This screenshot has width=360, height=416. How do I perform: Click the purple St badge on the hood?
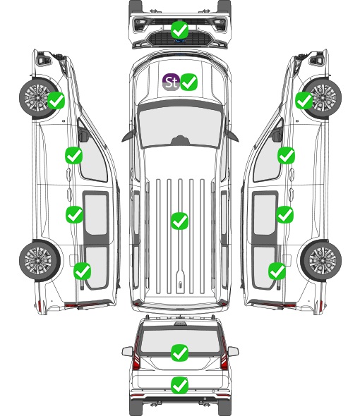171,82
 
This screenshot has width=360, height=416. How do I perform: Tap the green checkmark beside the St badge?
189,82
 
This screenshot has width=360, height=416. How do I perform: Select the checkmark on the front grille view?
180,30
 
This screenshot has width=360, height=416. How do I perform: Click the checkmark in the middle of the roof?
179,221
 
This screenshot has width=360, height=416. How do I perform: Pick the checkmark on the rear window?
180,353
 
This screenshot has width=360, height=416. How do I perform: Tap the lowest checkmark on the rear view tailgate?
180,385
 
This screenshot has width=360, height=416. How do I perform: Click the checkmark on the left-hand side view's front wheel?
56,100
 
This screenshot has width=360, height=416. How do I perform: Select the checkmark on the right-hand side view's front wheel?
304,101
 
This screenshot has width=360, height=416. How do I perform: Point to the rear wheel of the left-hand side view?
40,261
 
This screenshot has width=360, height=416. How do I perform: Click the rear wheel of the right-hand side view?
320,261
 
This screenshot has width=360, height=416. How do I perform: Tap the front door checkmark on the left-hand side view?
74,155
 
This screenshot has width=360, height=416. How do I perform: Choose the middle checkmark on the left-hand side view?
74,214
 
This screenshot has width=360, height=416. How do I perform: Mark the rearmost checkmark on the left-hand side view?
83,271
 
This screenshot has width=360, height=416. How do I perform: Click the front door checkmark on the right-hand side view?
286,156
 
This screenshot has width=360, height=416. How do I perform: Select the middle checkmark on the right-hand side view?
285,214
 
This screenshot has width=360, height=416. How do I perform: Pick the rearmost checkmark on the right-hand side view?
277,271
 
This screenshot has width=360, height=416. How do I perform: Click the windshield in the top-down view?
180,126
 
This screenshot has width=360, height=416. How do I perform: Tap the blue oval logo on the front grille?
180,41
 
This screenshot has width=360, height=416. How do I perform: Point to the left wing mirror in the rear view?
128,351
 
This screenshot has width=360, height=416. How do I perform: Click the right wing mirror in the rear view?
233,351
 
